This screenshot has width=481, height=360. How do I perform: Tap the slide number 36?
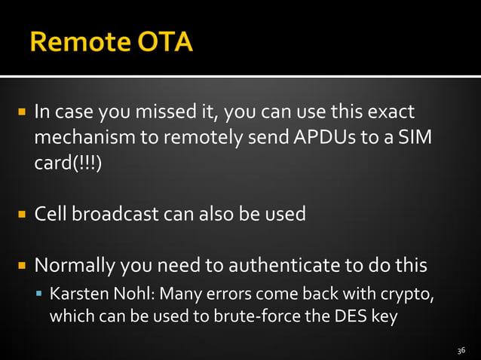(x=462, y=351)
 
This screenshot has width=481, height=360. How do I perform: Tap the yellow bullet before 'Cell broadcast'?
(x=23, y=215)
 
